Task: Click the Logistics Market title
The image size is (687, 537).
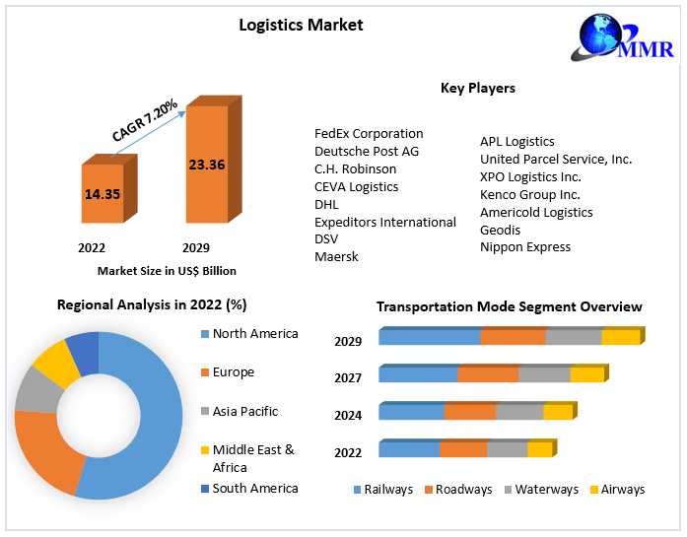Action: pyautogui.click(x=301, y=25)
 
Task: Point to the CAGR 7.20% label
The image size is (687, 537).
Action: pyautogui.click(x=145, y=119)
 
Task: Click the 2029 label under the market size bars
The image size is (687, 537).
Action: pyautogui.click(x=195, y=247)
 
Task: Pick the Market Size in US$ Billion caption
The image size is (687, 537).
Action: pyautogui.click(x=167, y=270)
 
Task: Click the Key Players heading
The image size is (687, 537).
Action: pyautogui.click(x=477, y=88)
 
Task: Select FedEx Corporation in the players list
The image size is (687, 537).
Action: pyautogui.click(x=369, y=133)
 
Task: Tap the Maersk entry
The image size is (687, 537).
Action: pyautogui.click(x=336, y=256)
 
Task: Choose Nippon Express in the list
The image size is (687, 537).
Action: pyautogui.click(x=525, y=247)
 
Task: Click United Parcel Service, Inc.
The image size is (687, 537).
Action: pyautogui.click(x=556, y=159)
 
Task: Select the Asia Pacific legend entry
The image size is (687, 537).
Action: pyautogui.click(x=244, y=411)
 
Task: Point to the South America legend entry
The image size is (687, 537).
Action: pyautogui.click(x=254, y=488)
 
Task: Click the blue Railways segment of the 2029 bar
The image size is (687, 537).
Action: pyautogui.click(x=430, y=338)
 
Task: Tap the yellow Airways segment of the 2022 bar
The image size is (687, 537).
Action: pyautogui.click(x=539, y=450)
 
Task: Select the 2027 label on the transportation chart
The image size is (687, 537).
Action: pyautogui.click(x=348, y=377)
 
